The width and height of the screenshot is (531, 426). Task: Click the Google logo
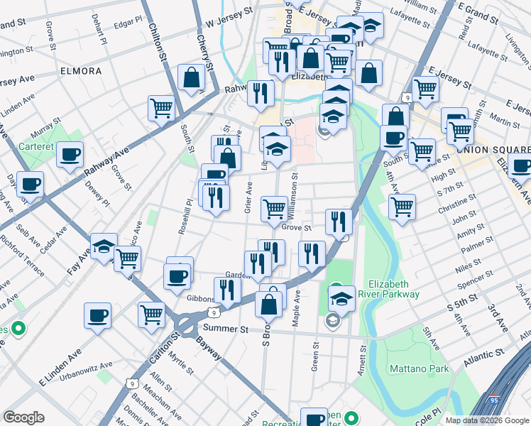23,417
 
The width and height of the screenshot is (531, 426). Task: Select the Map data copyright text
487,420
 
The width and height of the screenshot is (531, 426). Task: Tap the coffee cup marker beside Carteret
70,154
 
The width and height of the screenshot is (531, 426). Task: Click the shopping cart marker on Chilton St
162,108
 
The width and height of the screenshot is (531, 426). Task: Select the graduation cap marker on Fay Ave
104,246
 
